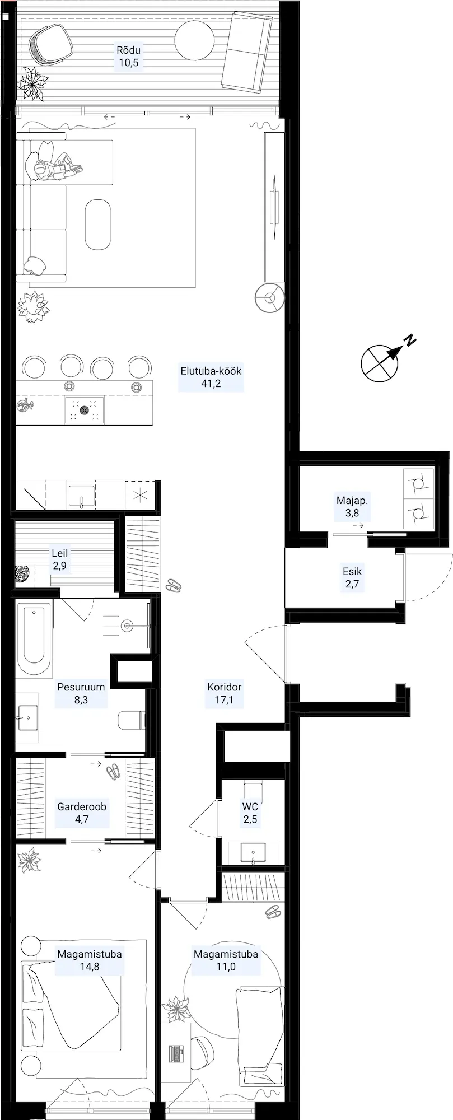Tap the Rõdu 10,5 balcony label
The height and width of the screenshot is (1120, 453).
tap(128, 56)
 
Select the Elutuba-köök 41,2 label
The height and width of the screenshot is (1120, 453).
tap(211, 377)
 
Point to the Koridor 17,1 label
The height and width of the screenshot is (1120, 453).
tap(224, 693)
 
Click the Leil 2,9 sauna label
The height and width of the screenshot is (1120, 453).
tap(59, 559)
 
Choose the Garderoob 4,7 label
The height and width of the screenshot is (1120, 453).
tap(82, 813)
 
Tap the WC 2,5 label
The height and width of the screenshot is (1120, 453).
tap(250, 813)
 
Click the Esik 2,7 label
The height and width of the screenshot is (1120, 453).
tap(352, 578)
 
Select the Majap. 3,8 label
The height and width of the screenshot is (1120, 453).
tap(352, 506)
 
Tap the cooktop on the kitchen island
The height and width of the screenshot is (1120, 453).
tap(85, 410)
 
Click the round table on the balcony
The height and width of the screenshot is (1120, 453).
tap(194, 40)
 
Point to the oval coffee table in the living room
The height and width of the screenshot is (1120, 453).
tap(97, 225)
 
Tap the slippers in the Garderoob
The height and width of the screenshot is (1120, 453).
tap(113, 771)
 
